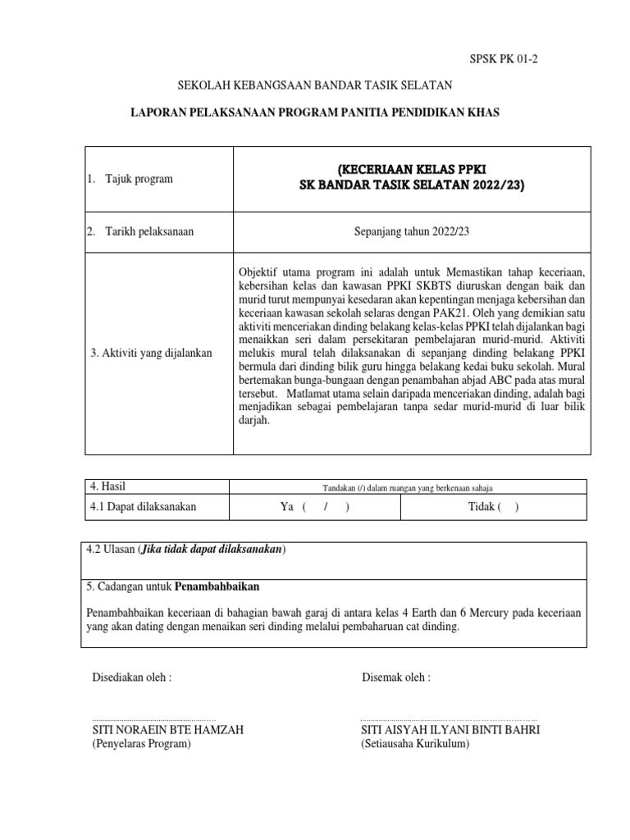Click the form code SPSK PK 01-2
coord(504,59)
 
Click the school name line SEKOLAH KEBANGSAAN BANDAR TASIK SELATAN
coord(316,85)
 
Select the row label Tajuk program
coord(139,179)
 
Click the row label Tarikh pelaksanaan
coord(148,231)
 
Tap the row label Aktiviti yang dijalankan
coord(152,353)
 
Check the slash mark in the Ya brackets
coord(326,507)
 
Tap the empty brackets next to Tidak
coord(509,507)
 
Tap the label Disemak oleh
coord(395,678)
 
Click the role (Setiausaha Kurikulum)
coord(414,744)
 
